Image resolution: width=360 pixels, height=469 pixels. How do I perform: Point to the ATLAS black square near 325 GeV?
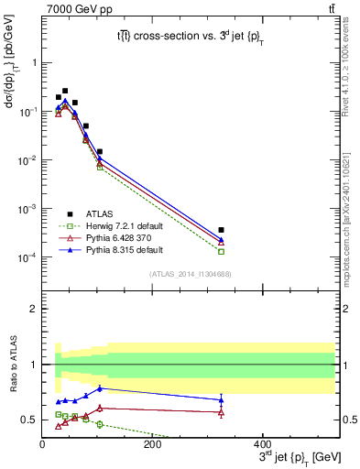[299, 230]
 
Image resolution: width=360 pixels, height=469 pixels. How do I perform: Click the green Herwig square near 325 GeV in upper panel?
[299, 251]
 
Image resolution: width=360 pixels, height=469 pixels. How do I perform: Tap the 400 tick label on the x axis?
[262, 444]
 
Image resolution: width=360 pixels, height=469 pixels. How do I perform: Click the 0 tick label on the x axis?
[43, 444]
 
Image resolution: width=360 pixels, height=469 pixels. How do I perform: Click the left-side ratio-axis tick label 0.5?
[29, 420]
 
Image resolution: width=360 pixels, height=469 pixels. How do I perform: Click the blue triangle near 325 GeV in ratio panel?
[299, 399]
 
